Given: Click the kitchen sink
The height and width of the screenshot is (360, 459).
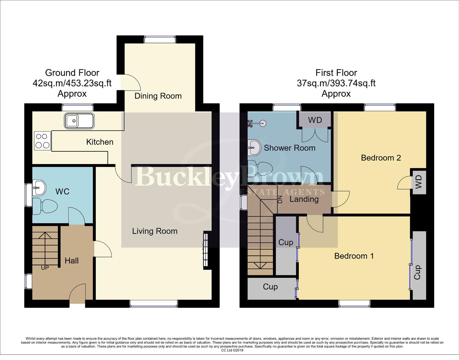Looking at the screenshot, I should pos(80,121).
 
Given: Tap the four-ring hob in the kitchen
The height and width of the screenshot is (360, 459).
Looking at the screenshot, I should pos(42,141).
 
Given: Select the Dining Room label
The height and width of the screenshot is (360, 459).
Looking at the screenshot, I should pos(158,96).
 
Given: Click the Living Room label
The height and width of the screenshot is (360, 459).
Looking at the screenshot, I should pos(155,231).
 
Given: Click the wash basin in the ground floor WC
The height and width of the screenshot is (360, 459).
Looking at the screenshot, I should pos(39,188).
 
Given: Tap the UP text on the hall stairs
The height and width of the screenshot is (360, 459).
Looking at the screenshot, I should pos(45,268).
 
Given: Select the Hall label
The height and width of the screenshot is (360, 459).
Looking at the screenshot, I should pos(72,261).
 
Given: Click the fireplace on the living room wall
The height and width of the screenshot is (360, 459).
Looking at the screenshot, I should pos(205,250).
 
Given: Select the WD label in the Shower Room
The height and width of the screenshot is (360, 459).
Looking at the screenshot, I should pos(315,120).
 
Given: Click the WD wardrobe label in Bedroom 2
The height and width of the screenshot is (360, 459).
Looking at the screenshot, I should pos(419,182).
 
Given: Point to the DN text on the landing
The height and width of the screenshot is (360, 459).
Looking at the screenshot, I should pos(280,200).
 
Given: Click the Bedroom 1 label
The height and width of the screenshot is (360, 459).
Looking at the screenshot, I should pos(354,256).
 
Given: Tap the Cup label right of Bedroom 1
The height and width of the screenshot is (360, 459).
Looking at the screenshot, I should pos(418,272).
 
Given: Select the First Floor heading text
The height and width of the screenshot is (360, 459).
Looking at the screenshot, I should pos(336,73).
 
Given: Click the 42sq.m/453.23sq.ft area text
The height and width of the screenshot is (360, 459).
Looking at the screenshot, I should pos(72,83).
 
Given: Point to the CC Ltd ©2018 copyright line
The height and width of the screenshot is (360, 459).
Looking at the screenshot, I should pos(232,350).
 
